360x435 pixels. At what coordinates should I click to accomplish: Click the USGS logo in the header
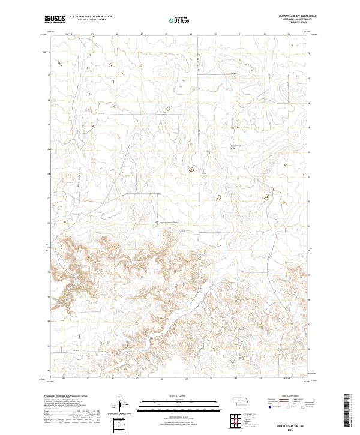(55, 20)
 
